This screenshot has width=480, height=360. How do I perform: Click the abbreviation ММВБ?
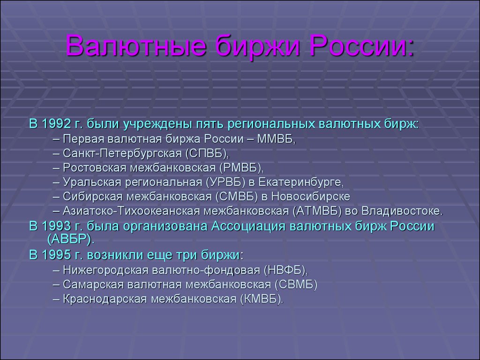[x=276, y=139]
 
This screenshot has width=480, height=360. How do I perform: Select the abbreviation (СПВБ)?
[x=207, y=153]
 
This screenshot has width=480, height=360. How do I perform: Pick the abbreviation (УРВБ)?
[x=226, y=182]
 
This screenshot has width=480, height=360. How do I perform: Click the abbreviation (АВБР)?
[x=71, y=239]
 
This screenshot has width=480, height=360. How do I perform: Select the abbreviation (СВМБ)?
[x=296, y=285]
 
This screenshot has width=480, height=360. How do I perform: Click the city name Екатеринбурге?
[x=301, y=182]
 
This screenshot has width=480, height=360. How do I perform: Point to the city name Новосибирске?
[x=310, y=196]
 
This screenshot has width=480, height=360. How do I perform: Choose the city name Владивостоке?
[x=402, y=211]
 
